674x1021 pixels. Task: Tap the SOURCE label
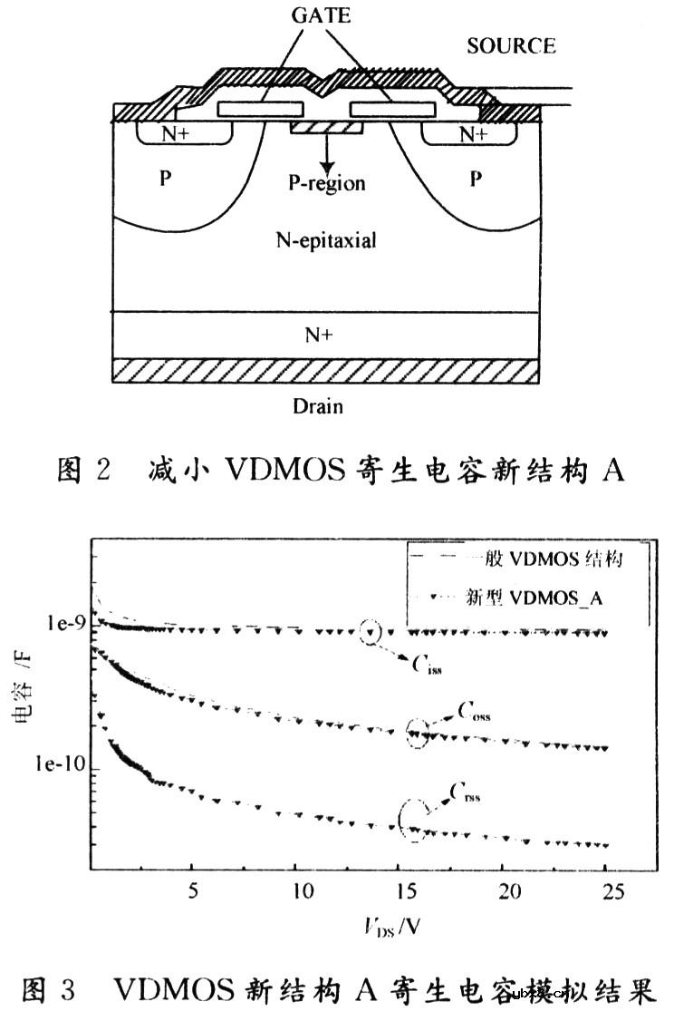point(511,45)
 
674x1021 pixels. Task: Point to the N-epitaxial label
point(325,241)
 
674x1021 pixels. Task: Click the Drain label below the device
point(318,405)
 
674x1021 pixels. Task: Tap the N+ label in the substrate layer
point(320,334)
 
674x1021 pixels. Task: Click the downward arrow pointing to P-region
point(326,151)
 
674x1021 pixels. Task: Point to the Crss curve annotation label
point(466,793)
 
